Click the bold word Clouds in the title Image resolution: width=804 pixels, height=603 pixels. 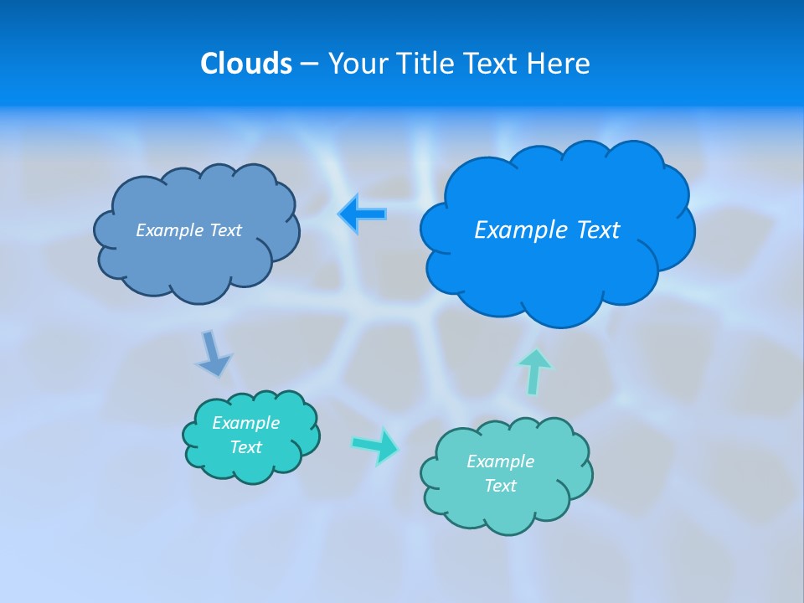[x=245, y=64]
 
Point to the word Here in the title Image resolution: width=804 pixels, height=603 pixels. [x=560, y=64]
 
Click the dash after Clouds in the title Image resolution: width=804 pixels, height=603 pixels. [x=308, y=64]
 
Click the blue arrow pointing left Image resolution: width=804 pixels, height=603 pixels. [x=362, y=214]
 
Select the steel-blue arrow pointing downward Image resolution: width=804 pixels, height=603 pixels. [x=213, y=353]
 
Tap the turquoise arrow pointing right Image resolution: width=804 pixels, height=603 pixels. [x=375, y=446]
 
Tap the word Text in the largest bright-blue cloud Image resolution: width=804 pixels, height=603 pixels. [x=595, y=230]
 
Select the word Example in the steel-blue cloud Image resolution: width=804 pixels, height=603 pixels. [x=167, y=230]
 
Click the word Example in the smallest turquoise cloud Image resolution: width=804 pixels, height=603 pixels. [x=245, y=423]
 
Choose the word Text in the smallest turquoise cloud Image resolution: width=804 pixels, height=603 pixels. [x=245, y=447]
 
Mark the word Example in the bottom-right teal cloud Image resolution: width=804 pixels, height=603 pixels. [x=500, y=461]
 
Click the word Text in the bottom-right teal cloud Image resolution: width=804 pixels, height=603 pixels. [x=500, y=486]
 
